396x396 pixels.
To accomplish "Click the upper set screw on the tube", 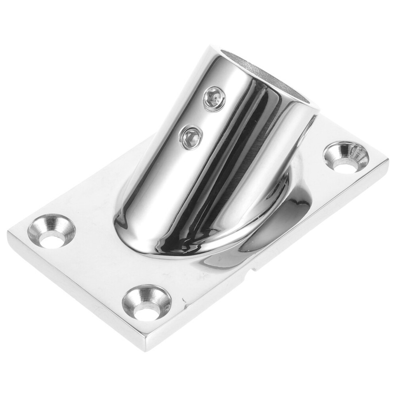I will click(214, 99).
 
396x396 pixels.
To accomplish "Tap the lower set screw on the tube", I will click(191, 137).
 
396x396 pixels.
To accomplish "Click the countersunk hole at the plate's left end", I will click(51, 231).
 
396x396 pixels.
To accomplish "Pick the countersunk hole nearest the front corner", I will click(146, 302).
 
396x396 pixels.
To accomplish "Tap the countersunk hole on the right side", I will click(346, 157).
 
